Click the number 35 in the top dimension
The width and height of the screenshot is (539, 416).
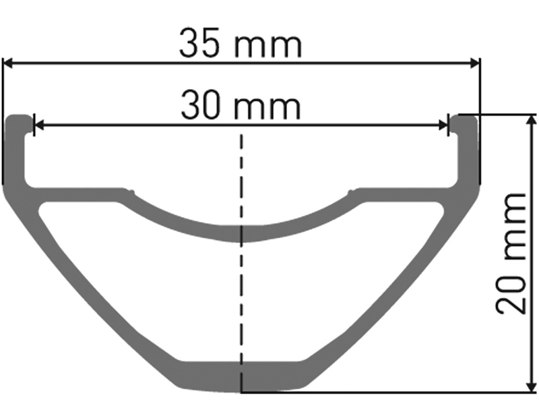[200, 44]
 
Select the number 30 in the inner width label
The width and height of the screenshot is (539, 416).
[201, 106]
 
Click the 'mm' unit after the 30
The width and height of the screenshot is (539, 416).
[268, 109]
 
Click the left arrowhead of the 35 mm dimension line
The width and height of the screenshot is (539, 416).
[9, 63]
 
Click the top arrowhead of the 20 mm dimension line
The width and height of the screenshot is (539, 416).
[532, 120]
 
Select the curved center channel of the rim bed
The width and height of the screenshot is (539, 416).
[241, 233]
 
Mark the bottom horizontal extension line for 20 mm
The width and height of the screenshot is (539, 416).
[391, 392]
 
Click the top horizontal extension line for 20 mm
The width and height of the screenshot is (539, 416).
[502, 114]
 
